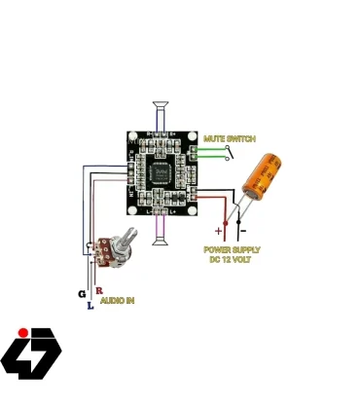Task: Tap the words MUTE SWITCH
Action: click(230, 139)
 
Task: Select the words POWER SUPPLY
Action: click(231, 249)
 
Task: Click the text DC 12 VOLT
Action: click(231, 258)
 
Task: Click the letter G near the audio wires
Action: click(82, 293)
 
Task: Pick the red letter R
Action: click(99, 290)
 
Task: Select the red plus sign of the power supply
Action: click(218, 232)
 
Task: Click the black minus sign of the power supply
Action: click(241, 232)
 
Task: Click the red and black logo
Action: click(31, 352)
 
